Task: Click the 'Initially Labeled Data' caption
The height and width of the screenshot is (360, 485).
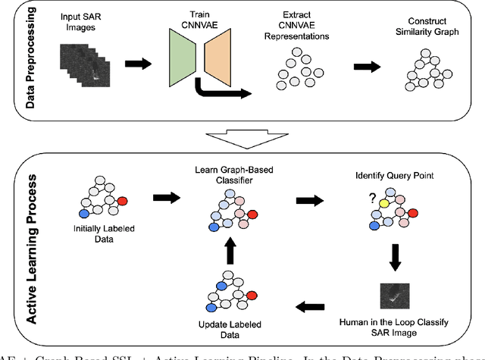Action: click(107, 237)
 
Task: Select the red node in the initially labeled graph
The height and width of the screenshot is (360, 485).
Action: click(123, 201)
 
